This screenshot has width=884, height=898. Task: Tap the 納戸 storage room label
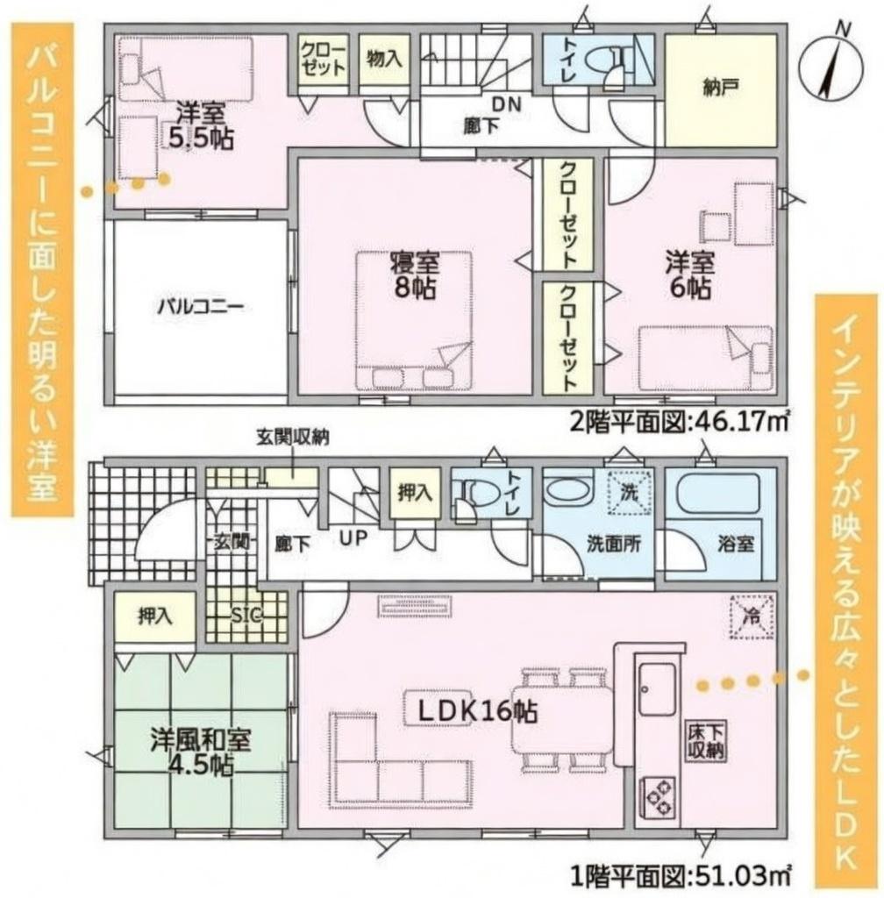tap(720, 88)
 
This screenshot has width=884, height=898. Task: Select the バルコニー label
tap(201, 306)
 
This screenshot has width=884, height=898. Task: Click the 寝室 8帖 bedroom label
tap(415, 275)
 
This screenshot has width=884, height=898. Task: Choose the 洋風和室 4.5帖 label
tap(200, 752)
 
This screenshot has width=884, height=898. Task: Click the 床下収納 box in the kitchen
tap(707, 740)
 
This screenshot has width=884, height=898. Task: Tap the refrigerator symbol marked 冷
tap(752, 616)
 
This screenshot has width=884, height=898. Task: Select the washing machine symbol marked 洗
tap(629, 492)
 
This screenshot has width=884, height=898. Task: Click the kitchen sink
tap(657, 689)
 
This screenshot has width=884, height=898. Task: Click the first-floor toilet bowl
tap(467, 492)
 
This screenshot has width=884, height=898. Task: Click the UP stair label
tap(353, 538)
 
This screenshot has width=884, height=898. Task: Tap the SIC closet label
tap(246, 615)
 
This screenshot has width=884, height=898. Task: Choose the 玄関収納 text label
tap(292, 438)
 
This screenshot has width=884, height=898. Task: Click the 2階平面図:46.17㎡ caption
tap(681, 422)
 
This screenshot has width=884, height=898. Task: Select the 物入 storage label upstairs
tap(384, 58)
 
